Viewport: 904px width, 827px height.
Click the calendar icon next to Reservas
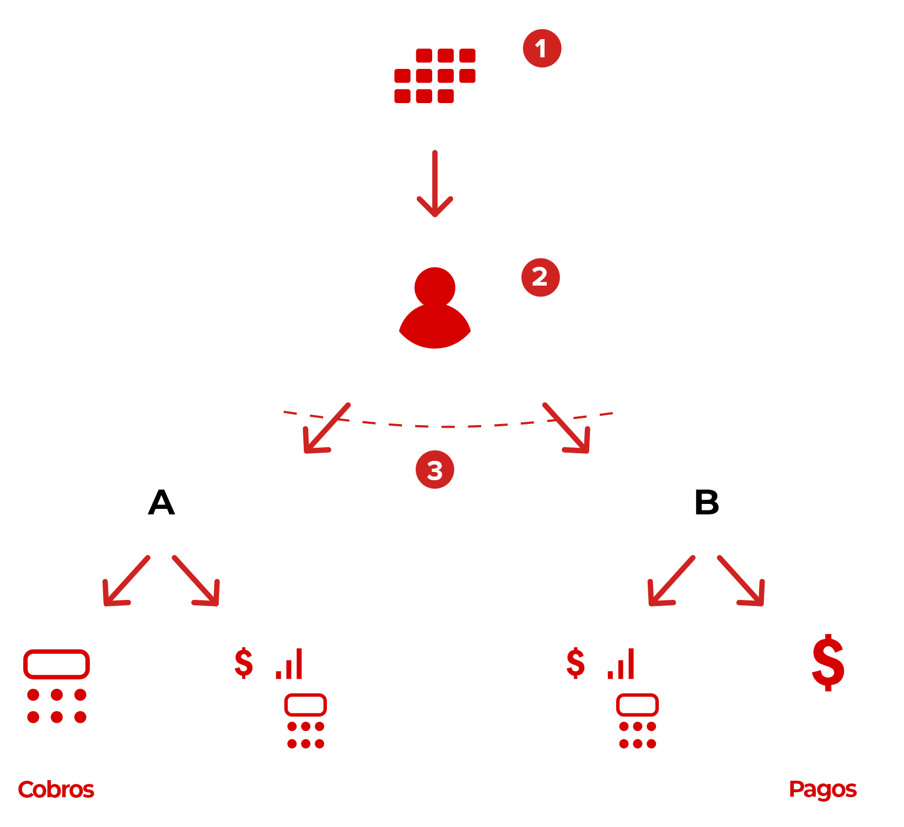click(435, 69)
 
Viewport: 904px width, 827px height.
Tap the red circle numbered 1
click(542, 48)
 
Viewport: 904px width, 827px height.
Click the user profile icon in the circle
click(435, 303)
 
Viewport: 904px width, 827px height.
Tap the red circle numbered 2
click(540, 277)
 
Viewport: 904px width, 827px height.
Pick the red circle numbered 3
click(435, 470)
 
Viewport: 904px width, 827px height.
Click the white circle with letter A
click(161, 503)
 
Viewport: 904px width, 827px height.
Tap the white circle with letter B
click(706, 501)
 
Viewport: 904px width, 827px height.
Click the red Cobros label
click(56, 789)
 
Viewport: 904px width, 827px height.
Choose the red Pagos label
click(822, 789)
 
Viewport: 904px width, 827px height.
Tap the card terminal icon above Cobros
click(56, 696)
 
